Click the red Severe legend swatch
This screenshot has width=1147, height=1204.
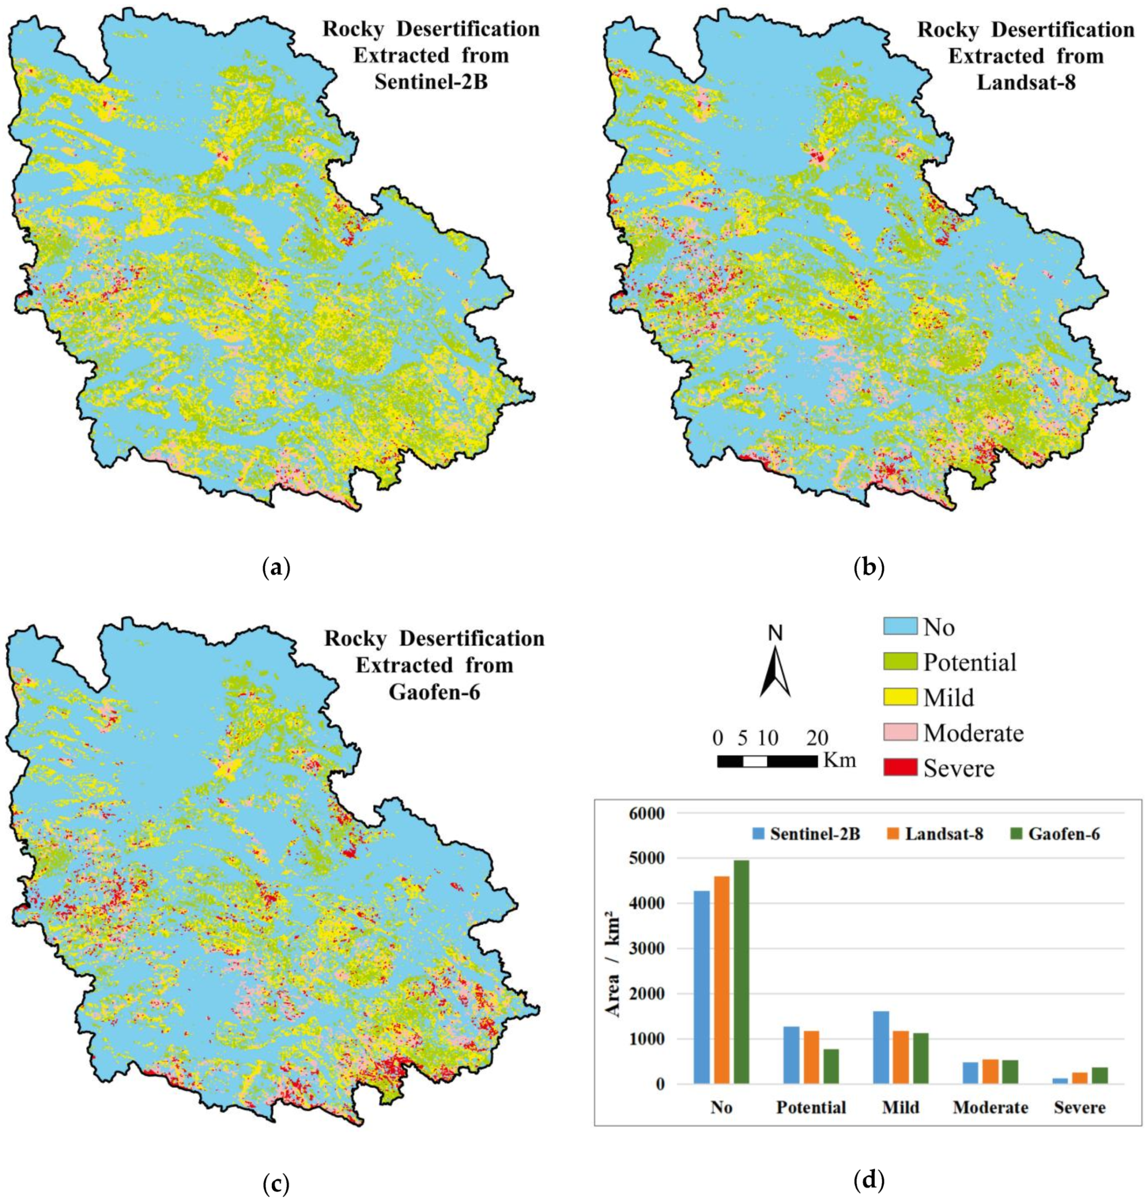(900, 767)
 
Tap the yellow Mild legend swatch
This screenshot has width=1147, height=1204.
(900, 697)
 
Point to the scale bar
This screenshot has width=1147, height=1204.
(767, 761)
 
